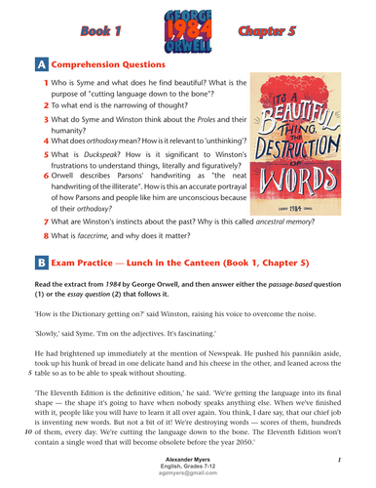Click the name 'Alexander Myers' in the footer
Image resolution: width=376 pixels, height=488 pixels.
click(189, 458)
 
